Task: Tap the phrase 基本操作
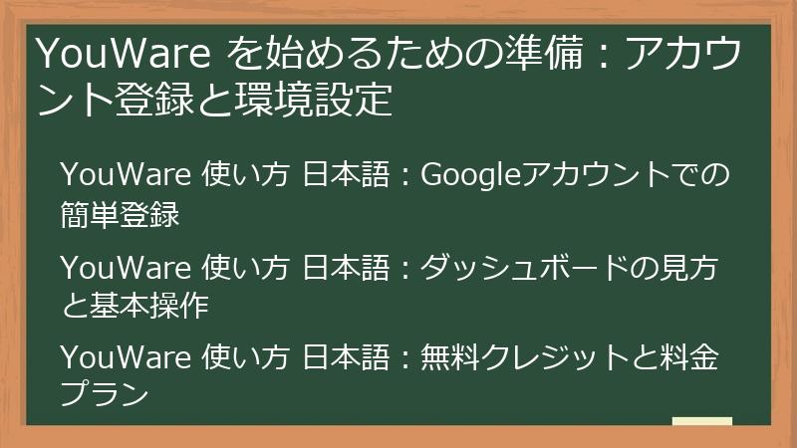[148, 306]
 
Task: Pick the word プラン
[105, 396]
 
